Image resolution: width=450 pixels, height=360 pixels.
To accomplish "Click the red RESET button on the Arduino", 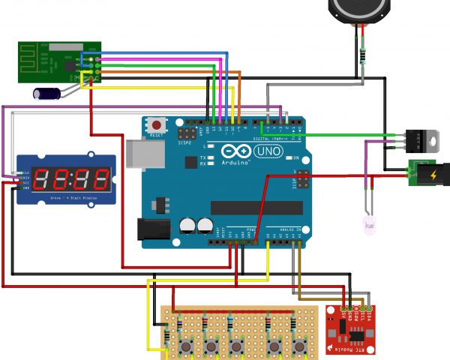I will (x=157, y=124).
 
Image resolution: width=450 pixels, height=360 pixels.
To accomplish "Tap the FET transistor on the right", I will (x=421, y=139).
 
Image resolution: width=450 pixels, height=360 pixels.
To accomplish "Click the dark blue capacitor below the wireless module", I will (x=46, y=93).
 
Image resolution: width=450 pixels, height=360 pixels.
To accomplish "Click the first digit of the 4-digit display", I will (x=44, y=178).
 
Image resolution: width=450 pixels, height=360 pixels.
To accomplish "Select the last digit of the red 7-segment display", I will (x=98, y=178).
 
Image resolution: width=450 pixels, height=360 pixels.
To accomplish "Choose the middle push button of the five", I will (x=237, y=346).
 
